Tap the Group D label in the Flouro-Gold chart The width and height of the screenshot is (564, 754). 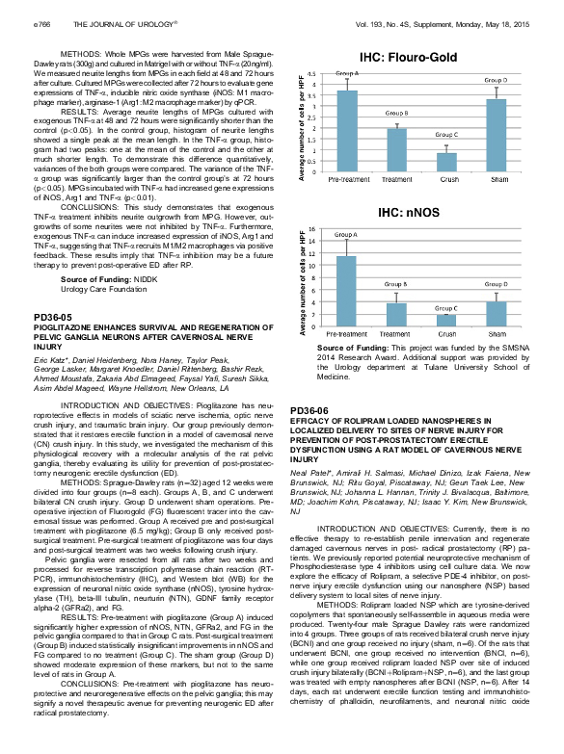496,81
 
